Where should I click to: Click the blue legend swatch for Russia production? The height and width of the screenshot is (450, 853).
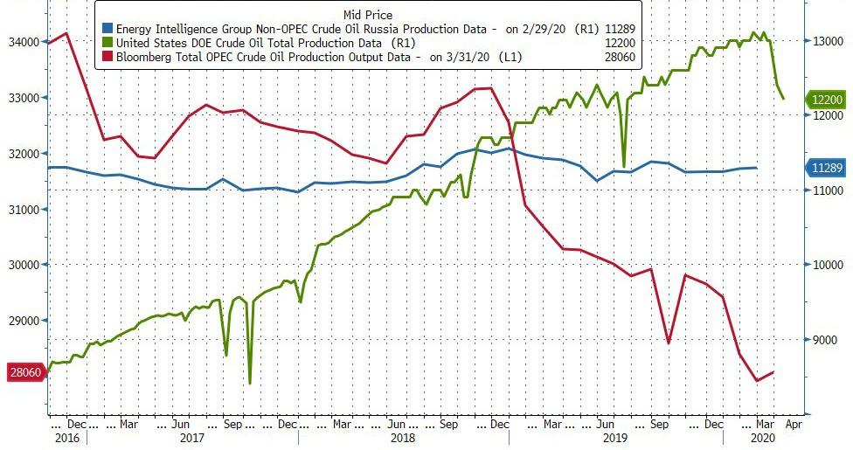107,27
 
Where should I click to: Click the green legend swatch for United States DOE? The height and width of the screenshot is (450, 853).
107,42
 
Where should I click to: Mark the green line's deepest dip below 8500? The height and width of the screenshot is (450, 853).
250,383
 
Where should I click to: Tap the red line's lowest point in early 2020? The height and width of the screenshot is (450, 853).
757,381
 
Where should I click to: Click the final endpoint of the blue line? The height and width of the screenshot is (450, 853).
756,168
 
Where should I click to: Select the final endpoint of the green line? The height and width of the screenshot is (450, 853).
783,99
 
